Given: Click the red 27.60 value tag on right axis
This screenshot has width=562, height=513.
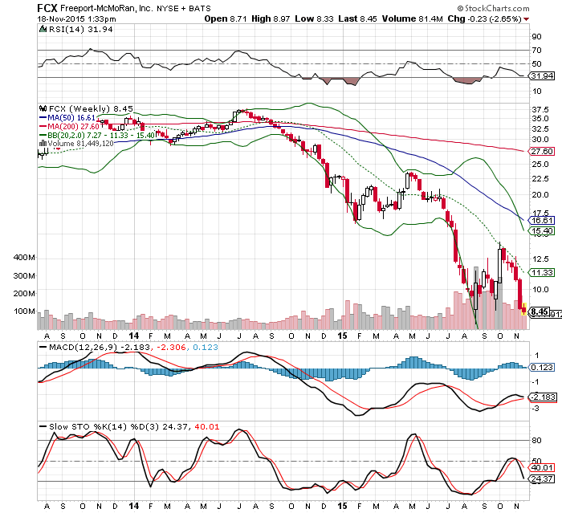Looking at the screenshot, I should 542,151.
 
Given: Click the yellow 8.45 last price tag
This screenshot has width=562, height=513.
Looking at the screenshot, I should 540,311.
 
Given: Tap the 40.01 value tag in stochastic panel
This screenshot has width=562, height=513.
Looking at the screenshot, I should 542,467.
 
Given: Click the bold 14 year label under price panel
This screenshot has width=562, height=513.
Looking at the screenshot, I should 133,337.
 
